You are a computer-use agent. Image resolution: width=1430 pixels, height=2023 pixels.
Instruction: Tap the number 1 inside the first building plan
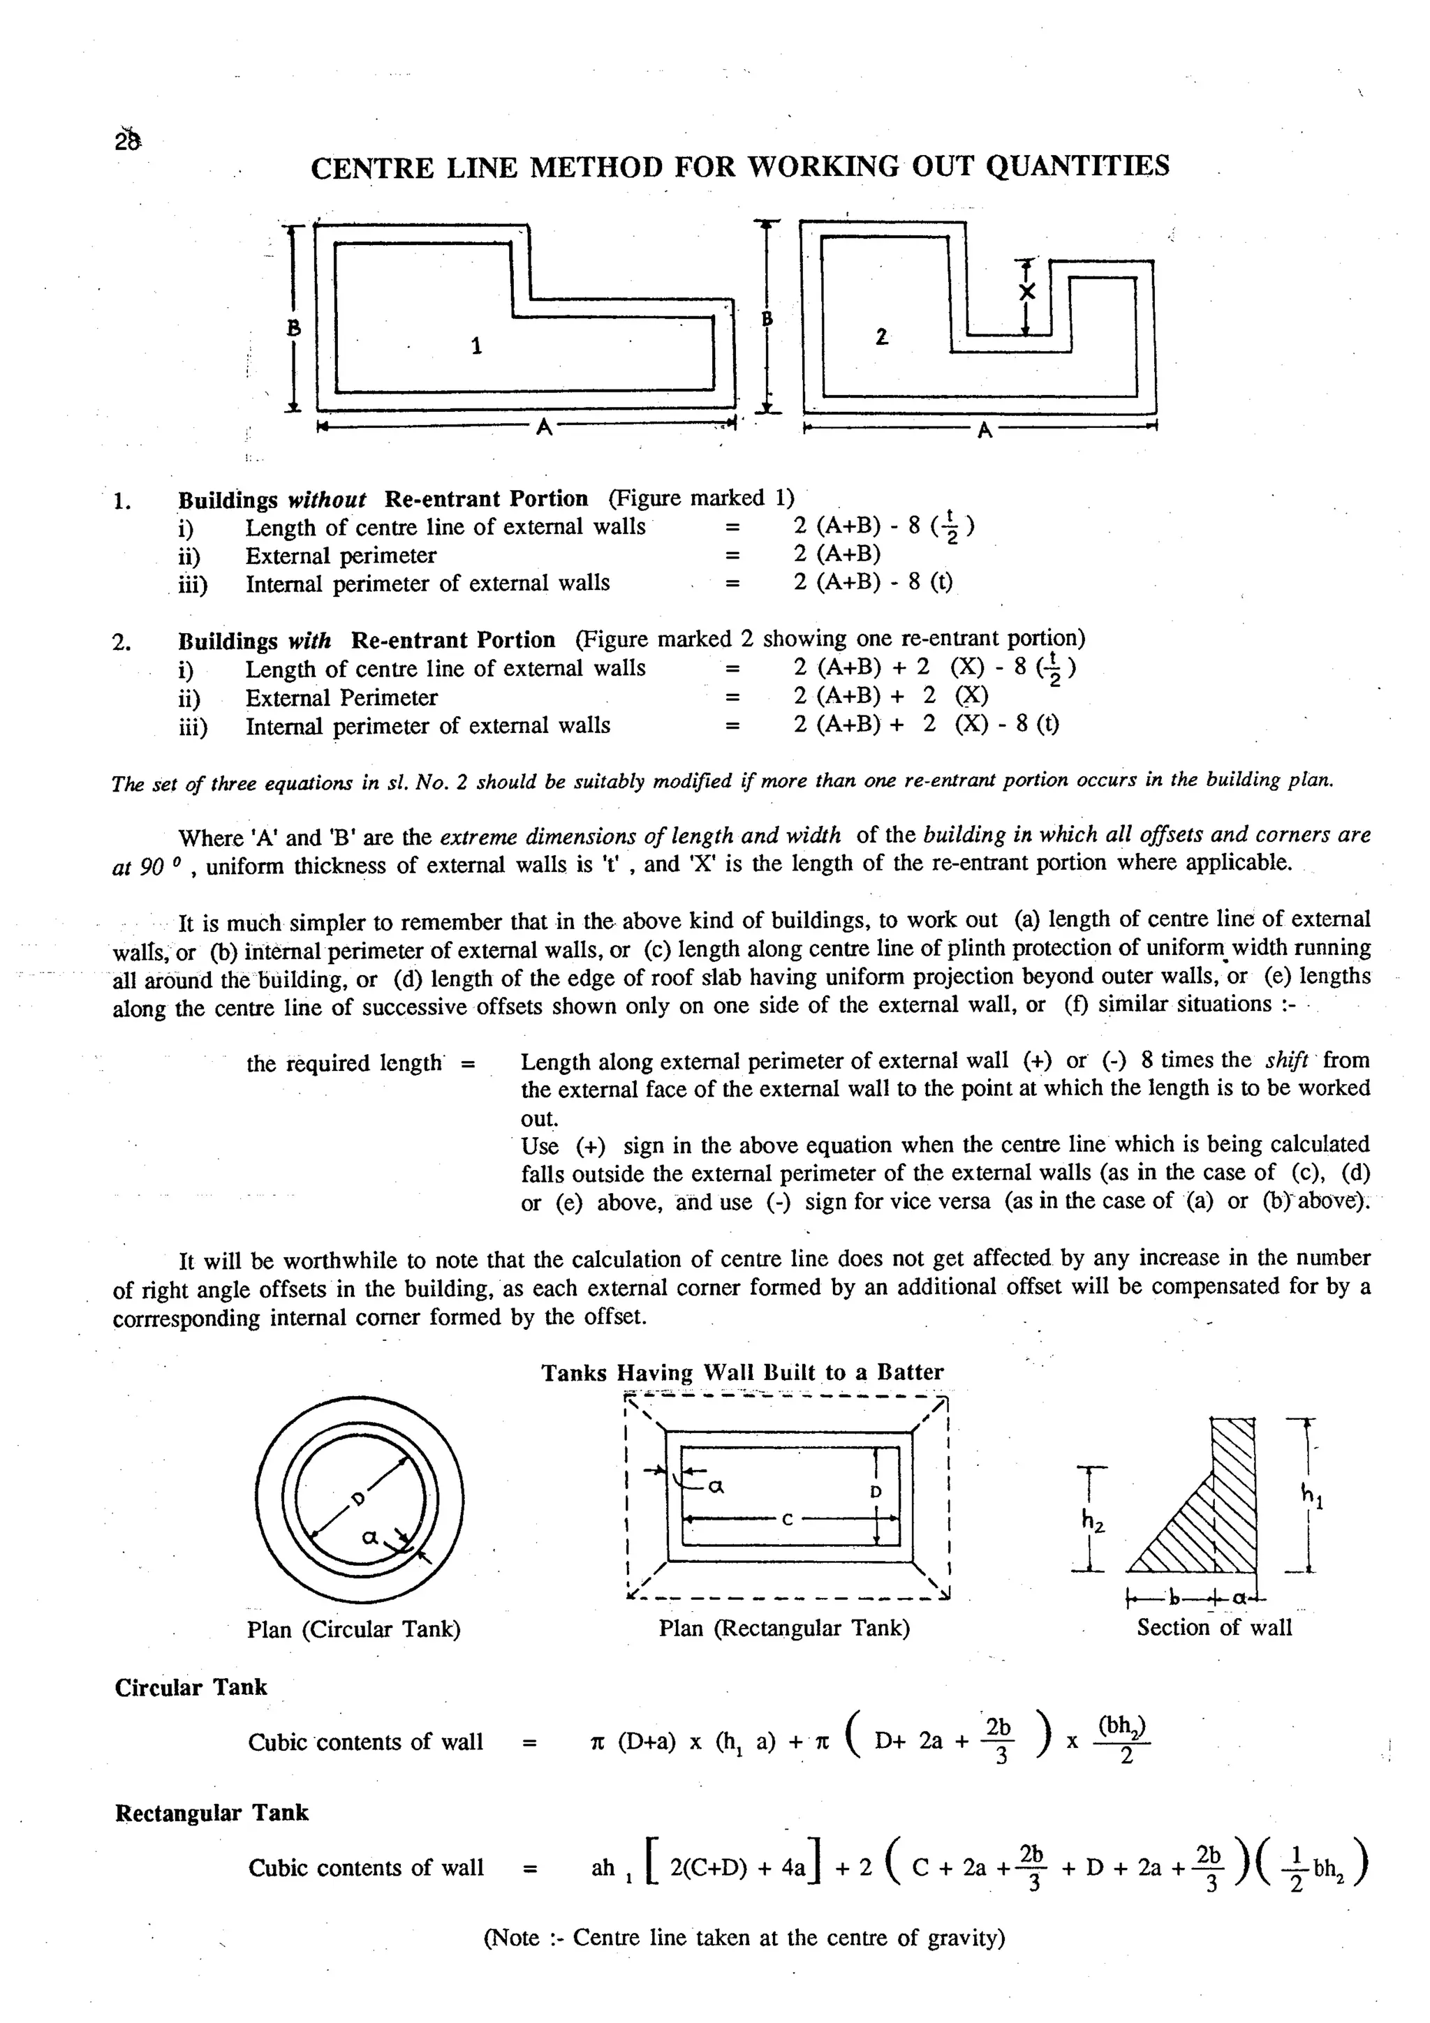(477, 346)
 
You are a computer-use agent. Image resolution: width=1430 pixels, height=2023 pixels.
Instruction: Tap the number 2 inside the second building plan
(881, 336)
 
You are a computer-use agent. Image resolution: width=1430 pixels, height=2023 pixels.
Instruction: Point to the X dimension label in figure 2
(1026, 292)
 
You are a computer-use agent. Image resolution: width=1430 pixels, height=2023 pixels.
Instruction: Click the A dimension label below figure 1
(544, 428)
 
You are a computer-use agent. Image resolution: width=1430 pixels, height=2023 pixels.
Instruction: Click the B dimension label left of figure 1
(294, 329)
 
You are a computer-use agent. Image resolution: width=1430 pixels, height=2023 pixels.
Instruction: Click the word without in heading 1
(327, 500)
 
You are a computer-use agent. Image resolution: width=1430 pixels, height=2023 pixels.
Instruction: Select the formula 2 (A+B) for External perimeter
(836, 554)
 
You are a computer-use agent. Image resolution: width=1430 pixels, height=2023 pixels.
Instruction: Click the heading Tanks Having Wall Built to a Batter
(742, 1372)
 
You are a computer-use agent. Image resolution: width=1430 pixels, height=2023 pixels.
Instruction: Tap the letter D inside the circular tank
(356, 1499)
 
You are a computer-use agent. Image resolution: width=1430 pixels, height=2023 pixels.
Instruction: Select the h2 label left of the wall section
(1093, 1522)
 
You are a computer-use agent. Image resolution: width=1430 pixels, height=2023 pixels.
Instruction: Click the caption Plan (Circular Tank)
(354, 1629)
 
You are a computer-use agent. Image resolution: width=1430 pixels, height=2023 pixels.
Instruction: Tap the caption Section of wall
(1214, 1627)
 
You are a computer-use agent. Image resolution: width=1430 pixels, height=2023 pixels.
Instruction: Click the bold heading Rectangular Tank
(212, 1812)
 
